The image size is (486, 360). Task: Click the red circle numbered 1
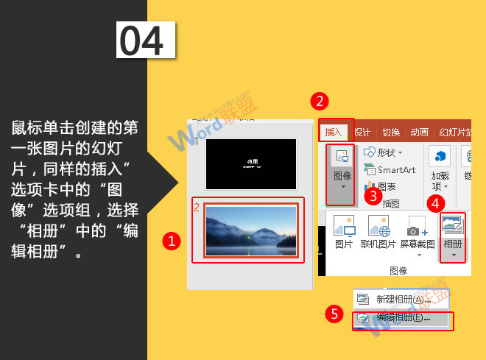click(172, 240)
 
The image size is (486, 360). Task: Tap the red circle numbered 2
click(318, 101)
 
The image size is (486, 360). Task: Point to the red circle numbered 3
click(373, 195)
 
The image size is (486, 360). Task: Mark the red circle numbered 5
click(335, 314)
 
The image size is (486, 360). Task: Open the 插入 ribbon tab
click(334, 133)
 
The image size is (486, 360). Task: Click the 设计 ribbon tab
click(362, 133)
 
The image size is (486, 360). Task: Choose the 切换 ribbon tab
click(391, 133)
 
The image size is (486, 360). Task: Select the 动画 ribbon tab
click(420, 133)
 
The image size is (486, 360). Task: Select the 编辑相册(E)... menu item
click(402, 318)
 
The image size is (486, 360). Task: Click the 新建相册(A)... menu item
click(402, 300)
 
